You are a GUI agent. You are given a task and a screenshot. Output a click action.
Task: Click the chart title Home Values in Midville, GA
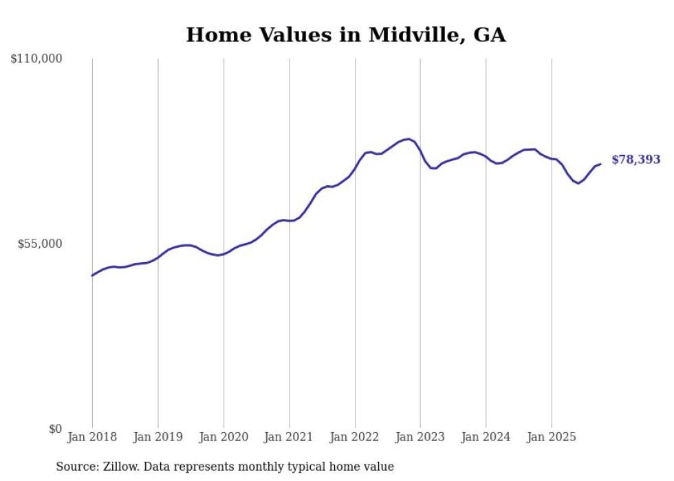(346, 35)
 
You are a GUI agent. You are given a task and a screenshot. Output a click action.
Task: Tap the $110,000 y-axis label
(36, 59)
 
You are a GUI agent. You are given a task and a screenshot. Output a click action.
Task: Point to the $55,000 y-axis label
(39, 244)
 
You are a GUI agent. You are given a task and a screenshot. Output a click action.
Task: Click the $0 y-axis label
(55, 429)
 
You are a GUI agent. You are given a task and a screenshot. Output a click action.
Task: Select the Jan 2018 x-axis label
(92, 437)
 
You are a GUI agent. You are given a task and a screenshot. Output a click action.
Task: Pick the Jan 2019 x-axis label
(157, 437)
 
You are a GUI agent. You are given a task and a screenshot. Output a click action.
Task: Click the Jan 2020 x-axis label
(224, 437)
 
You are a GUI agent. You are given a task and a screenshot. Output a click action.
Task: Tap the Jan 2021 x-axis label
(289, 437)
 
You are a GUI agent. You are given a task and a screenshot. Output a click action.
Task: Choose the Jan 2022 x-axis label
(355, 437)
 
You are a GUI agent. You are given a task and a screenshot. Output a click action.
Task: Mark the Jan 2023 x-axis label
(420, 437)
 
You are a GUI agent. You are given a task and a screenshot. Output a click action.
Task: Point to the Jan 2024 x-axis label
(486, 437)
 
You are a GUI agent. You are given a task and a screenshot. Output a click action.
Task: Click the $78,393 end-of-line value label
(635, 160)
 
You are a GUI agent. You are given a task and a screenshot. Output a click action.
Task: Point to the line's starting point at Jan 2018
(92, 275)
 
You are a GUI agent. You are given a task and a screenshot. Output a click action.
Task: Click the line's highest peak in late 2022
(409, 139)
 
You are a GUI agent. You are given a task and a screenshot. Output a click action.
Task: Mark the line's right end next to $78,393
(600, 164)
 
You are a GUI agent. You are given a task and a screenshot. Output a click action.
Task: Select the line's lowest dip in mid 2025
(578, 183)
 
